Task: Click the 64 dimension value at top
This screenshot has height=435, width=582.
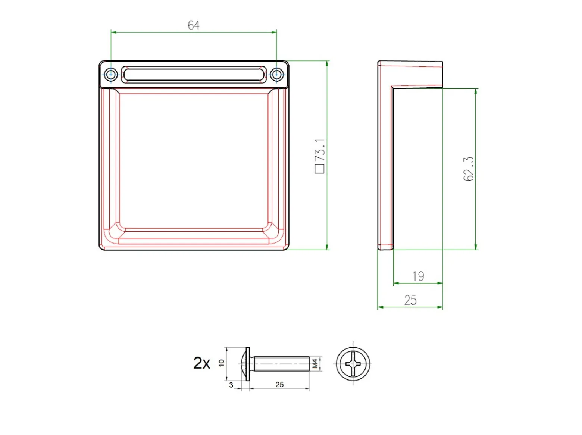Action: tap(193, 25)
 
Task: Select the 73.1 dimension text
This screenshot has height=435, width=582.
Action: tap(319, 150)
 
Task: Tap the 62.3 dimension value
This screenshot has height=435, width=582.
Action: tap(468, 169)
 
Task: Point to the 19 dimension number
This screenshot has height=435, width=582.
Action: tap(418, 276)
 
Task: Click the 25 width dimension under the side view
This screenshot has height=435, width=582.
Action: tap(410, 300)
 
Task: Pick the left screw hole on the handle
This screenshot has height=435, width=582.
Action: tap(111, 75)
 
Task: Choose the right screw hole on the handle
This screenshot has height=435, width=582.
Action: tap(276, 75)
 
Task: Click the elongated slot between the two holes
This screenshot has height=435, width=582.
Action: tap(194, 75)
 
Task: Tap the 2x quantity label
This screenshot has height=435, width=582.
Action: tap(201, 363)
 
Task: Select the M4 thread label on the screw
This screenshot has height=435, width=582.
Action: tap(315, 364)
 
